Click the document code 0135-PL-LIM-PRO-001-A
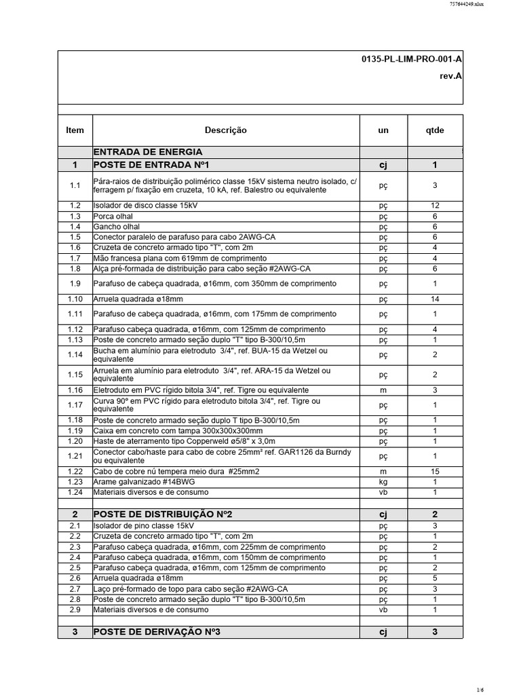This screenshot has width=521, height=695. click(x=412, y=60)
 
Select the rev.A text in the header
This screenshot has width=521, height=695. click(x=451, y=77)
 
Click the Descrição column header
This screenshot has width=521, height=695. click(x=225, y=130)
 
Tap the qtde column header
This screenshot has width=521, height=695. click(x=434, y=130)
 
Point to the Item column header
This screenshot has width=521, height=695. click(x=75, y=130)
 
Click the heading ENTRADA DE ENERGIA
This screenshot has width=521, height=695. click(x=147, y=151)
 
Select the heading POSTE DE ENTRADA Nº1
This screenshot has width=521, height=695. click(x=152, y=165)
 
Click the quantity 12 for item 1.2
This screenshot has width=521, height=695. click(x=434, y=205)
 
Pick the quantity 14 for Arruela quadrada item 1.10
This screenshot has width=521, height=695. click(x=434, y=299)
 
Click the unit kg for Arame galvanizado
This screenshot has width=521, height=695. click(x=383, y=482)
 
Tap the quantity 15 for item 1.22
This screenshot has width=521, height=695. click(x=434, y=472)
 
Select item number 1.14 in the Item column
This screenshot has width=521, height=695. click(x=75, y=354)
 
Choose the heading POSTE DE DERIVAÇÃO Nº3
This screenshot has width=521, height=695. click(x=157, y=632)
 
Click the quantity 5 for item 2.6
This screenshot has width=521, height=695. click(x=434, y=578)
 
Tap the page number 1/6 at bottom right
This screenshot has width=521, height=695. click(x=499, y=690)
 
